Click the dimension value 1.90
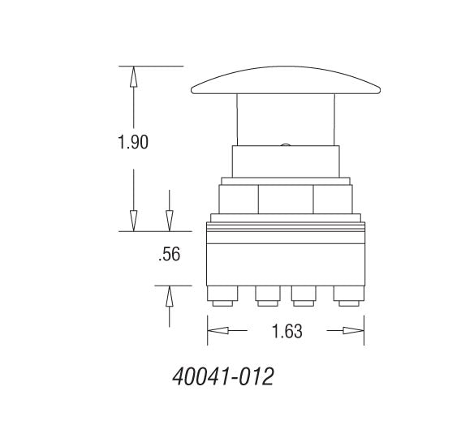(132, 142)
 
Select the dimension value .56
(168, 255)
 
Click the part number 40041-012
(222, 377)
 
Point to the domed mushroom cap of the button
(286, 81)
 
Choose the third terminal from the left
(304, 297)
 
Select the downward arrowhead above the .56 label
(169, 220)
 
